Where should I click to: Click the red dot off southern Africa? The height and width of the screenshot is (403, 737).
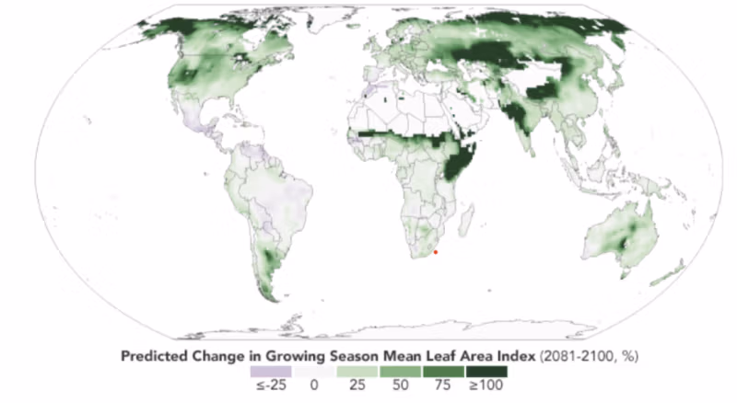tap(436, 251)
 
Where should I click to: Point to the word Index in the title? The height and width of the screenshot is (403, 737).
tap(506, 354)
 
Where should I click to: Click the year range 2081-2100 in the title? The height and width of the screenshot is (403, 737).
tap(573, 354)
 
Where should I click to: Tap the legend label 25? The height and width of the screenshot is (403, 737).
tap(357, 386)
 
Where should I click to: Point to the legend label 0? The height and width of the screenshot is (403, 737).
tap(313, 386)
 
